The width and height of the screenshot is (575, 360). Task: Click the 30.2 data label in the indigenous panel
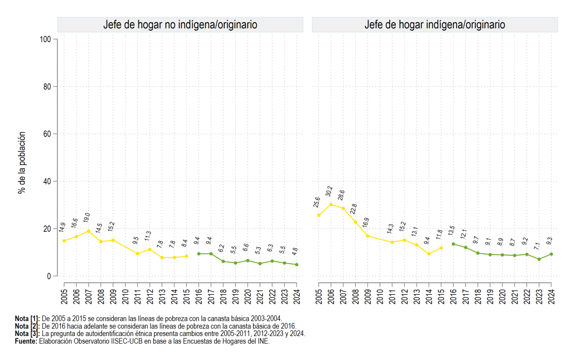click(x=329, y=191)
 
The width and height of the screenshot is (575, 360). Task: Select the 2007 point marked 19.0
click(x=89, y=231)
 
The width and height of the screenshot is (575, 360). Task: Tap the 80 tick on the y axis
click(x=47, y=87)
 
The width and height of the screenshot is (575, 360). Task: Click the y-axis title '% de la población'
click(x=22, y=163)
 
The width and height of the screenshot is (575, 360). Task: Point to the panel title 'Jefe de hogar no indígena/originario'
click(x=180, y=24)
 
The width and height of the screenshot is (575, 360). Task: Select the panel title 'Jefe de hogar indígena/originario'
click(x=435, y=24)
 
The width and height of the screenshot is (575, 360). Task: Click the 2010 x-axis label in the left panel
click(x=125, y=297)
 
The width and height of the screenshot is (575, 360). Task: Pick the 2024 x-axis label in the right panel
click(x=551, y=297)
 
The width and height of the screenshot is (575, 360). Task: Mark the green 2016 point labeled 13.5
click(x=453, y=244)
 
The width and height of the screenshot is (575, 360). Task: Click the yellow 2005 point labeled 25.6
click(x=319, y=215)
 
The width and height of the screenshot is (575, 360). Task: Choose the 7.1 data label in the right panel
click(x=537, y=246)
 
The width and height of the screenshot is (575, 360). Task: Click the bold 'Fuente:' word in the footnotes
click(x=26, y=341)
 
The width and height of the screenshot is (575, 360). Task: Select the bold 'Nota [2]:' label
click(x=27, y=326)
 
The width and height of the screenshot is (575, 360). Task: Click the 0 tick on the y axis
click(x=49, y=276)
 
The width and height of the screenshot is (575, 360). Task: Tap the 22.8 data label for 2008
click(x=354, y=209)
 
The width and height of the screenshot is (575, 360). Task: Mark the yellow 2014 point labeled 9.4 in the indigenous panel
click(x=429, y=254)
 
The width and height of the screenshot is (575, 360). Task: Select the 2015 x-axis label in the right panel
click(x=441, y=297)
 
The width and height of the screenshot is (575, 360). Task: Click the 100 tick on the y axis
click(x=46, y=39)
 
